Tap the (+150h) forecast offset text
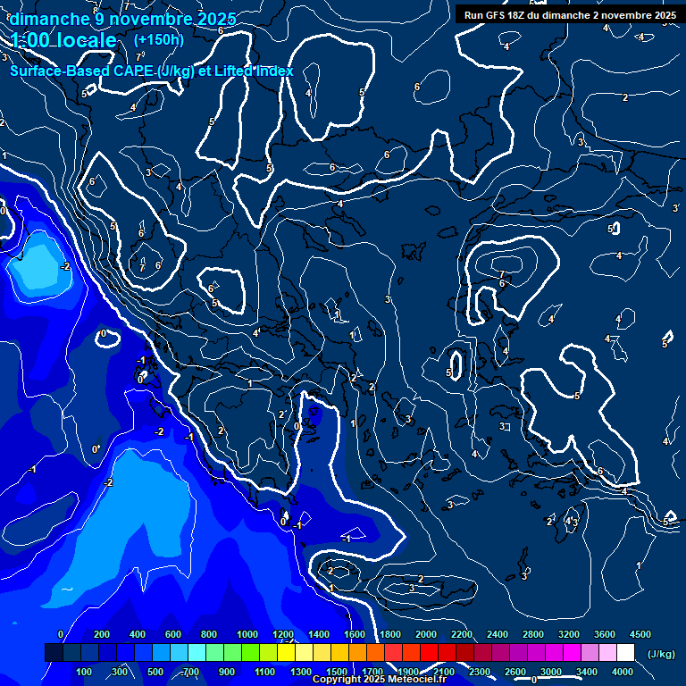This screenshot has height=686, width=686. click(159, 39)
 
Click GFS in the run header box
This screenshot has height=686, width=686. click(495, 15)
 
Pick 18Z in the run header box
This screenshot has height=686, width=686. click(516, 15)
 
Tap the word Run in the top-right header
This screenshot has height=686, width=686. click(473, 15)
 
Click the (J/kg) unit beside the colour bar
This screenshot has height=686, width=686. click(660, 654)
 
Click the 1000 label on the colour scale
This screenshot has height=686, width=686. click(247, 634)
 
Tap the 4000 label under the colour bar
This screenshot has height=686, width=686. click(623, 672)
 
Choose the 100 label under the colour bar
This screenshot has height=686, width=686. click(84, 672)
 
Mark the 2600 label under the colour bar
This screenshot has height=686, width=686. click(515, 672)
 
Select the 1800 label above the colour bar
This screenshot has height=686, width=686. click(390, 634)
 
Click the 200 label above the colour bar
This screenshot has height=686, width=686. click(102, 634)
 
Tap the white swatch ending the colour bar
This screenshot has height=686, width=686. click(625, 653)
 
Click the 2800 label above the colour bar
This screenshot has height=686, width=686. click(533, 634)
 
